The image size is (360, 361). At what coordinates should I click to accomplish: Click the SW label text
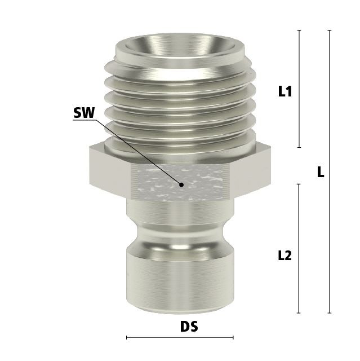pyautogui.click(x=84, y=113)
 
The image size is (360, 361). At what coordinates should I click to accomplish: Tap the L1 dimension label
pyautogui.click(x=285, y=91)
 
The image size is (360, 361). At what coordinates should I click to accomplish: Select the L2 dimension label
pyautogui.click(x=285, y=256)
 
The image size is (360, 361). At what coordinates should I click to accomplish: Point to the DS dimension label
pyautogui.click(x=189, y=327)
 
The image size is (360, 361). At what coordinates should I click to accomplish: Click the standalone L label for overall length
pyautogui.click(x=321, y=171)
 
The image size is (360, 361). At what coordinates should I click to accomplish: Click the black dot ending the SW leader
pyautogui.click(x=181, y=184)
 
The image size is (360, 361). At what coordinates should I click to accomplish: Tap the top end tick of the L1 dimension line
pyautogui.click(x=299, y=30)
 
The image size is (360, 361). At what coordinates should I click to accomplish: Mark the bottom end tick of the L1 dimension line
pyautogui.click(x=299, y=147)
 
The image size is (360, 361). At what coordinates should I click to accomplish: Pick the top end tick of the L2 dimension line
pyautogui.click(x=299, y=184)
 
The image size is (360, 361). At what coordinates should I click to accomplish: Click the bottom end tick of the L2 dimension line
pyautogui.click(x=299, y=313)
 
